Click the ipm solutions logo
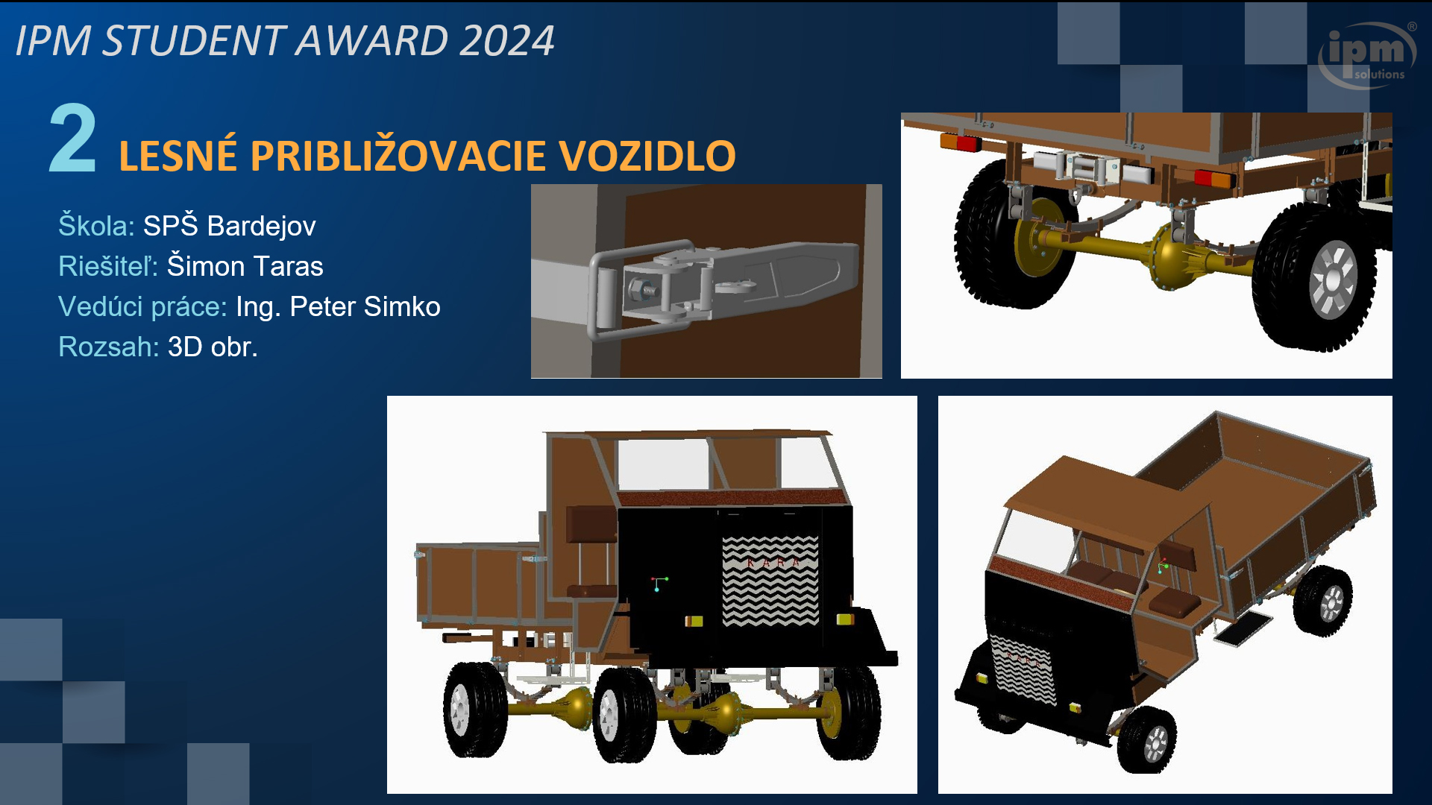point(1367,54)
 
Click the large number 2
point(72,139)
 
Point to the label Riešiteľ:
point(108,266)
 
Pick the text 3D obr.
point(213,347)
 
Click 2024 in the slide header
point(507,40)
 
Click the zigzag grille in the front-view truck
point(770,581)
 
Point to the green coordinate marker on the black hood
point(659,582)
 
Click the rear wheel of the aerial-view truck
point(1323,600)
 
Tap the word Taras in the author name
point(286,266)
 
